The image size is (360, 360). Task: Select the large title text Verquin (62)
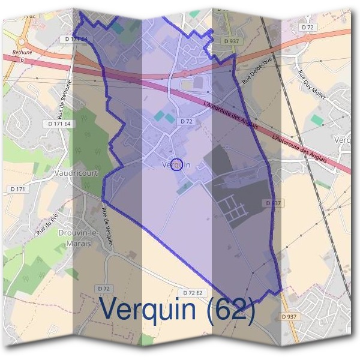point(178,310)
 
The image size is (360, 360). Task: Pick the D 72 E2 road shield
point(193,293)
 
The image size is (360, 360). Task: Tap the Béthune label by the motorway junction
point(17,53)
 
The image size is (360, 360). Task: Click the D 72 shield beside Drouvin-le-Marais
point(105,289)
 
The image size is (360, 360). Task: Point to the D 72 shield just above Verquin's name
point(186,121)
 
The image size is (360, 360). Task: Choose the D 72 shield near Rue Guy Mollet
point(308,27)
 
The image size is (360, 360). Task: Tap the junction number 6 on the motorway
point(22,59)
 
